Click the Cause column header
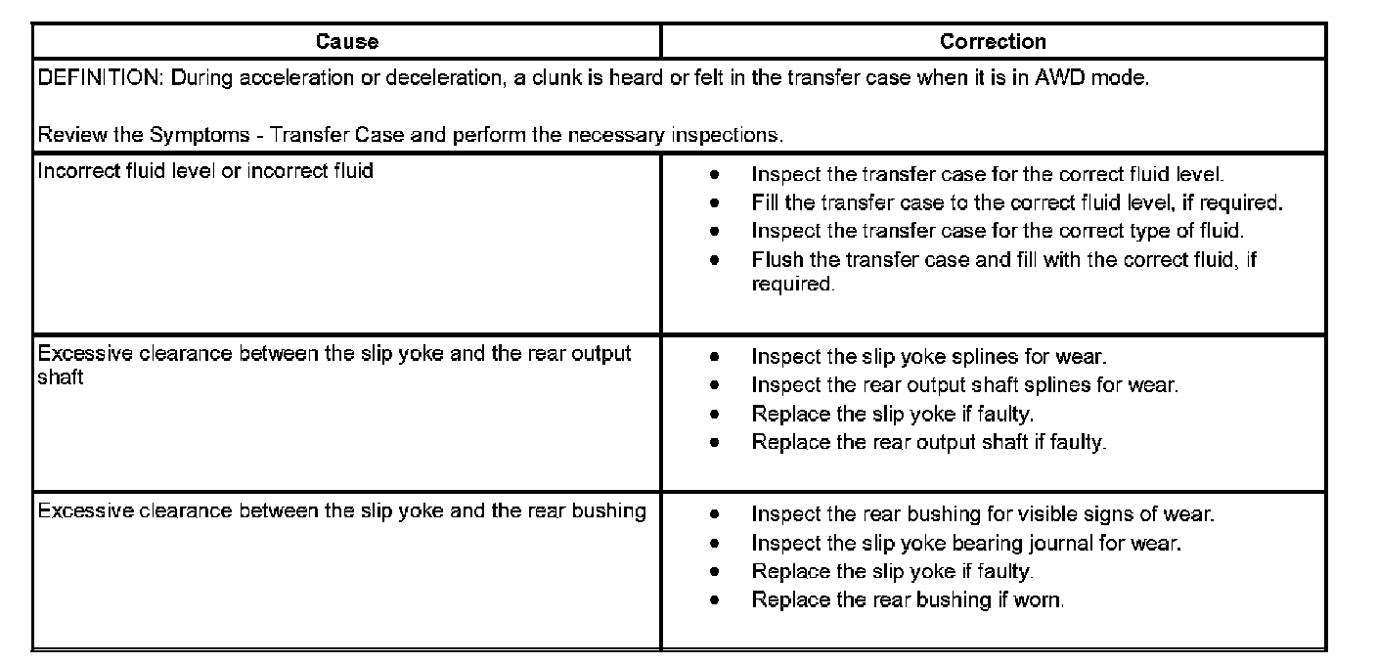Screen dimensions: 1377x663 coord(346,42)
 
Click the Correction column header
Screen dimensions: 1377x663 coord(993,42)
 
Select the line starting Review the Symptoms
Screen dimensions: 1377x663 coord(410,134)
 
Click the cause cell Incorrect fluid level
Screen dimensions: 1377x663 coord(205,171)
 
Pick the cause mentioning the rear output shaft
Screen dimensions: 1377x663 coord(333,354)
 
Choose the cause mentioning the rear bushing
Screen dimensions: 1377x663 coord(341,511)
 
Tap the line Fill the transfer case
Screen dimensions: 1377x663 coord(1016,203)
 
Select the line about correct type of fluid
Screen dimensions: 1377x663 coord(998,232)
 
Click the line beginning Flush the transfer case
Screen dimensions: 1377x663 coord(1003,260)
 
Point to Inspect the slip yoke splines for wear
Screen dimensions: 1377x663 coord(929,357)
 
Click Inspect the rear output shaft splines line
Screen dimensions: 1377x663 coord(964,385)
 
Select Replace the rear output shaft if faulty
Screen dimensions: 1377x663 coord(928,442)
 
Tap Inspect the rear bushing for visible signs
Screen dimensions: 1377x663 coord(983,514)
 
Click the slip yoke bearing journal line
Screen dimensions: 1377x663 coord(966,543)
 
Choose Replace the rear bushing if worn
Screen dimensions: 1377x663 coord(908,599)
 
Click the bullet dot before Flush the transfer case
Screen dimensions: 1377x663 coord(717,261)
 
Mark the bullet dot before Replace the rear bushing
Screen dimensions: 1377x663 coord(717,599)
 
